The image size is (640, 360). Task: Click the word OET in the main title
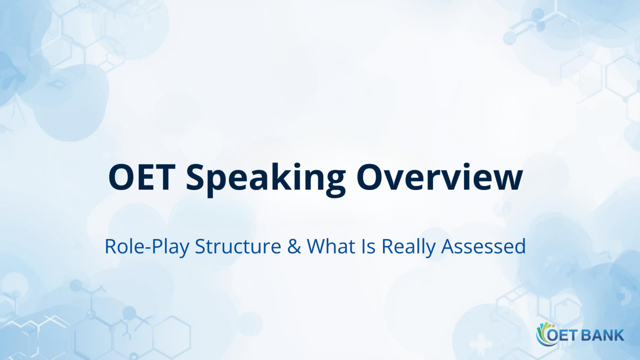tap(141, 177)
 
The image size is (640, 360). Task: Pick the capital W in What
tap(315, 247)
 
